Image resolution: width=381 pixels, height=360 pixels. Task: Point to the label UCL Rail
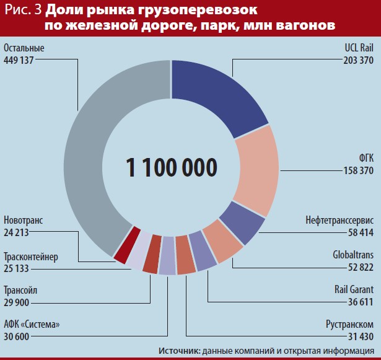pos(359,48)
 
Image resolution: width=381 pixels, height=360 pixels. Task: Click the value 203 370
pos(358,60)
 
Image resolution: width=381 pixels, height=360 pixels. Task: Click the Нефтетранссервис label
pos(339,220)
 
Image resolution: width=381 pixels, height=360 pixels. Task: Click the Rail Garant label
pos(354,289)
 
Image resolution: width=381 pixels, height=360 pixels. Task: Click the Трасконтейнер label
pos(30,255)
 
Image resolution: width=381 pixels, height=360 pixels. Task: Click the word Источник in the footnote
pos(178,351)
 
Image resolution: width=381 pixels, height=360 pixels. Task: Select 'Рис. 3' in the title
pos(23,11)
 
